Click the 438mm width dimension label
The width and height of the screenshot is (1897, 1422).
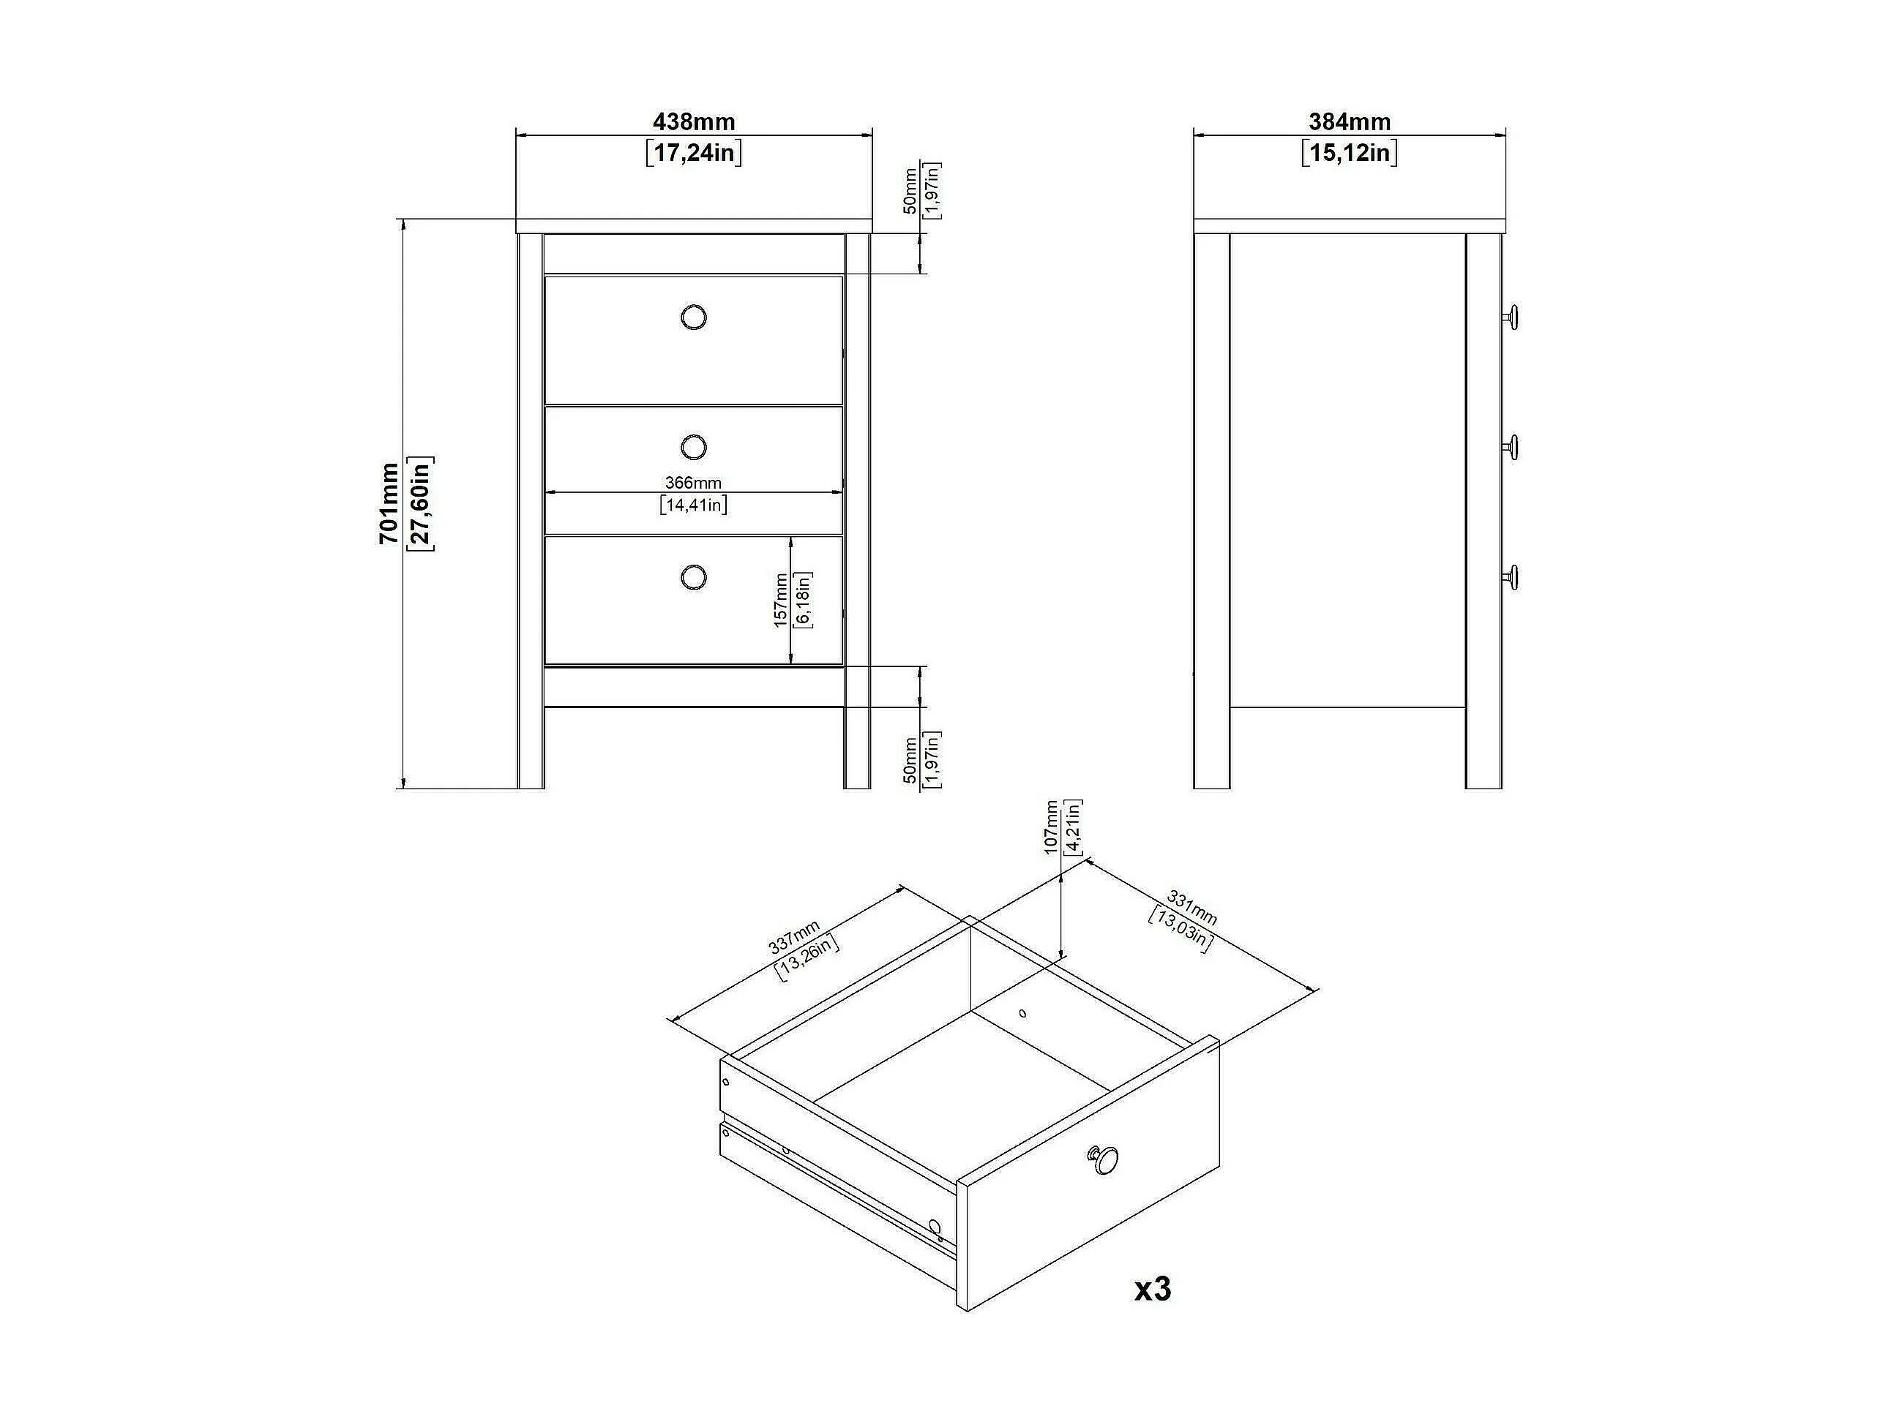click(x=693, y=123)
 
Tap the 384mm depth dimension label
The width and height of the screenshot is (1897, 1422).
click(x=1349, y=123)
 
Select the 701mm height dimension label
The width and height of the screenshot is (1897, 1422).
click(x=389, y=503)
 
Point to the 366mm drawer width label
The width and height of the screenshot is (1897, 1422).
click(x=693, y=484)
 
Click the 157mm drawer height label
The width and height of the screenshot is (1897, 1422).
click(x=780, y=600)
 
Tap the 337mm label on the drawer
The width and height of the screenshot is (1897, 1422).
click(x=795, y=937)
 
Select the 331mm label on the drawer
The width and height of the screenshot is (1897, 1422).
click(x=1191, y=908)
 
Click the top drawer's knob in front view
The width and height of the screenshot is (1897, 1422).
click(x=693, y=318)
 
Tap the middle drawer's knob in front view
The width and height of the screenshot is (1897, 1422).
click(x=693, y=447)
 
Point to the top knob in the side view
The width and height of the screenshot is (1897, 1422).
click(x=1511, y=317)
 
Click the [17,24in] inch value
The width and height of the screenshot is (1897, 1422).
click(x=693, y=154)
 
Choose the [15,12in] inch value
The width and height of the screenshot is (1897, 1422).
click(x=1349, y=154)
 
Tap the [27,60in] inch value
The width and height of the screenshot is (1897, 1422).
click(x=421, y=503)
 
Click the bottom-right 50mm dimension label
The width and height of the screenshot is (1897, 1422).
click(x=910, y=759)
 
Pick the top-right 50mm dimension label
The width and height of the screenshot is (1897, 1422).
click(x=910, y=190)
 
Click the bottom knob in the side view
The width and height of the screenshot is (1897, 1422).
click(x=1511, y=577)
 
